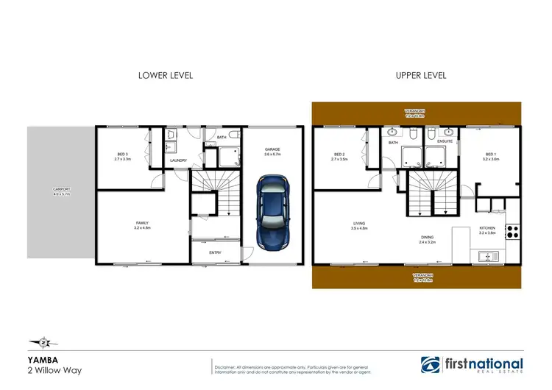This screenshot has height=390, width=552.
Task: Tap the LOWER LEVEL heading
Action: point(166,75)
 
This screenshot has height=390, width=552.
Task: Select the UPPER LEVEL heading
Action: point(420,75)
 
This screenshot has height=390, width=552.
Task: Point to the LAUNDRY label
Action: point(178,160)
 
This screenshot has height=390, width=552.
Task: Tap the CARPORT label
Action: point(60,191)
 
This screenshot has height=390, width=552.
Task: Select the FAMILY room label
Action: point(142,225)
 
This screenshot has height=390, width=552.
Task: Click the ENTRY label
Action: point(215,252)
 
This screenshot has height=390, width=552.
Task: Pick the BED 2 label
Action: point(339,155)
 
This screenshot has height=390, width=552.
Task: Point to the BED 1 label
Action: point(490,155)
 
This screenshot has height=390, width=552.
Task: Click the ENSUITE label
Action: point(445,141)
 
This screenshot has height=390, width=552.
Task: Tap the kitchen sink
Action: point(486,256)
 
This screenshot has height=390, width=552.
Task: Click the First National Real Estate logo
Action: point(472,365)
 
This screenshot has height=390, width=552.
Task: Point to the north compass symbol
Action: point(43,341)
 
